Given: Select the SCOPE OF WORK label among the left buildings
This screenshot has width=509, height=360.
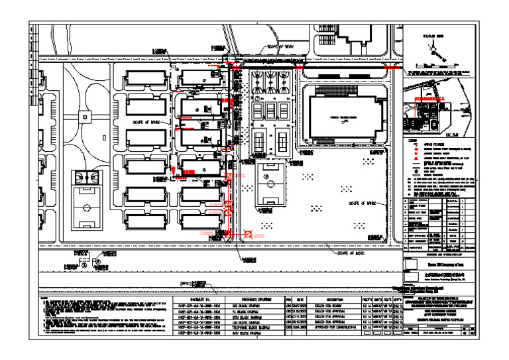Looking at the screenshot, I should (x=146, y=122).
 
